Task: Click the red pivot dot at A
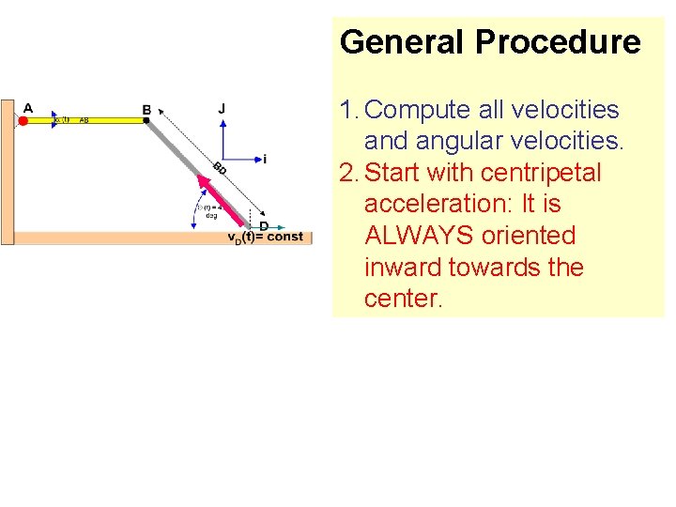[x=23, y=120]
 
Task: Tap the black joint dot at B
[x=146, y=120]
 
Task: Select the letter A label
[x=28, y=108]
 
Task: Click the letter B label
[x=146, y=110]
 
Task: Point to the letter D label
[x=264, y=226]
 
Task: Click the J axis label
[x=222, y=109]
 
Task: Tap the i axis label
[x=265, y=160]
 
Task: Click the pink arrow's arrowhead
[x=203, y=179]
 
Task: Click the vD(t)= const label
[x=266, y=237]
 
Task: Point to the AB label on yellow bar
[x=84, y=120]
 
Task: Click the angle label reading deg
[x=211, y=215]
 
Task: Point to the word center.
[x=403, y=299]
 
